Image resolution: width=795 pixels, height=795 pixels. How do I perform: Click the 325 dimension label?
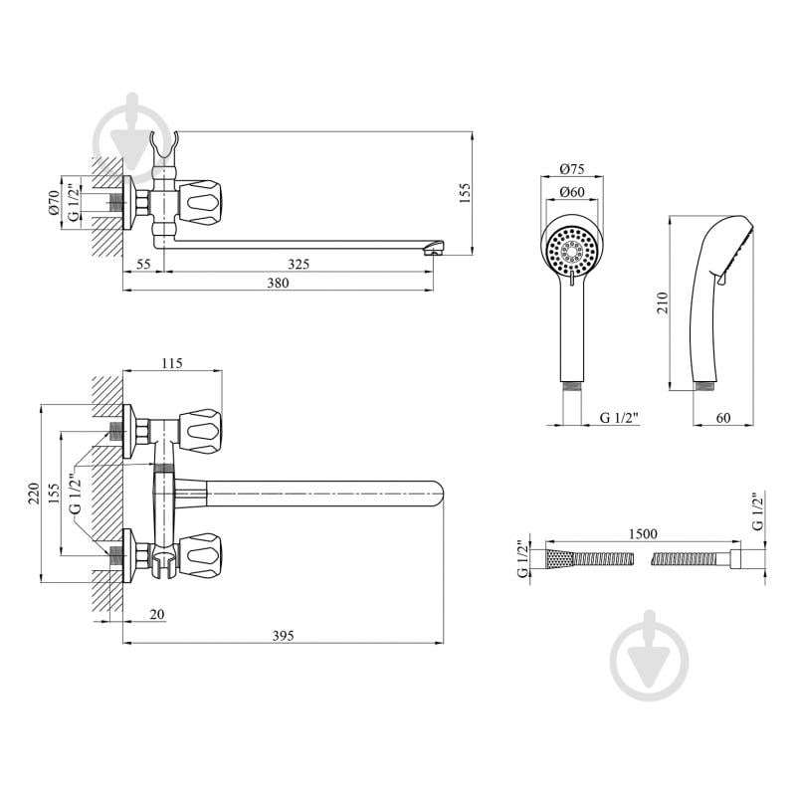point(298,264)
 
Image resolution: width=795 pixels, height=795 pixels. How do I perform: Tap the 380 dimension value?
point(278,283)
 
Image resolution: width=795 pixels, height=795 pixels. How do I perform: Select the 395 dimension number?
point(283,636)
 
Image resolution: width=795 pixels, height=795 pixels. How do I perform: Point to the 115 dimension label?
point(172,363)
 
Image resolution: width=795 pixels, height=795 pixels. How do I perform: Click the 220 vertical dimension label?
point(34,494)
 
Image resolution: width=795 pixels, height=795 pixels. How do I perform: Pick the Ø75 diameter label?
point(572,169)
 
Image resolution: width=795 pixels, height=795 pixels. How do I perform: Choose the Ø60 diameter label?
point(572,192)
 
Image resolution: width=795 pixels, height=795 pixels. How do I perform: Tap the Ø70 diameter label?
point(55,203)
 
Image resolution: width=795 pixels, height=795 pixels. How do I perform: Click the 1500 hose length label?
point(643,534)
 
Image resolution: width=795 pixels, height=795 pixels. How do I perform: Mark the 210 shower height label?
point(663,302)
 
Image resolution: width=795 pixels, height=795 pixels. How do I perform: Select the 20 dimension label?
point(157,614)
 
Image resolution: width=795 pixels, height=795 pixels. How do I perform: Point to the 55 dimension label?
point(143,264)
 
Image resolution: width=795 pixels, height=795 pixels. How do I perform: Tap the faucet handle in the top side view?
point(203,203)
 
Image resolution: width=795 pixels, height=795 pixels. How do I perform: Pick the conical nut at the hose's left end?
point(559,559)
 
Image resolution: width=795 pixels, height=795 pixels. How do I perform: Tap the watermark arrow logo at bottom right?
point(650,656)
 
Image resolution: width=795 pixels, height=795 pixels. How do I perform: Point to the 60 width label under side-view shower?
point(723,417)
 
